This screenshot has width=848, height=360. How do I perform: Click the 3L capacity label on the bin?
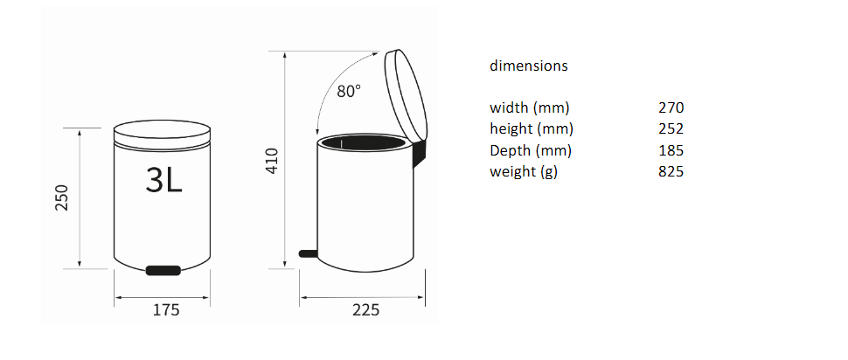point(163,179)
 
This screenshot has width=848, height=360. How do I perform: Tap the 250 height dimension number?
point(63,197)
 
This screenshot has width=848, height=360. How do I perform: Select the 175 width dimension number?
point(165,310)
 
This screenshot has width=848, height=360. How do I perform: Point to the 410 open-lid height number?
point(272,161)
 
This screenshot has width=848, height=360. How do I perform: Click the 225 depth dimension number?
point(366,310)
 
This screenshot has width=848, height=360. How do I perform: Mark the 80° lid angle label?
point(349,91)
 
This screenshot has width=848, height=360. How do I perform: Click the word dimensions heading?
point(529,66)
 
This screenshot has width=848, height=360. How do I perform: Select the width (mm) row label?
point(530,107)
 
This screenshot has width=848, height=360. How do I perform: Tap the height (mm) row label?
point(532,129)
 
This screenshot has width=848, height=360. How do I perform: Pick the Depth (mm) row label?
point(531,150)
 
